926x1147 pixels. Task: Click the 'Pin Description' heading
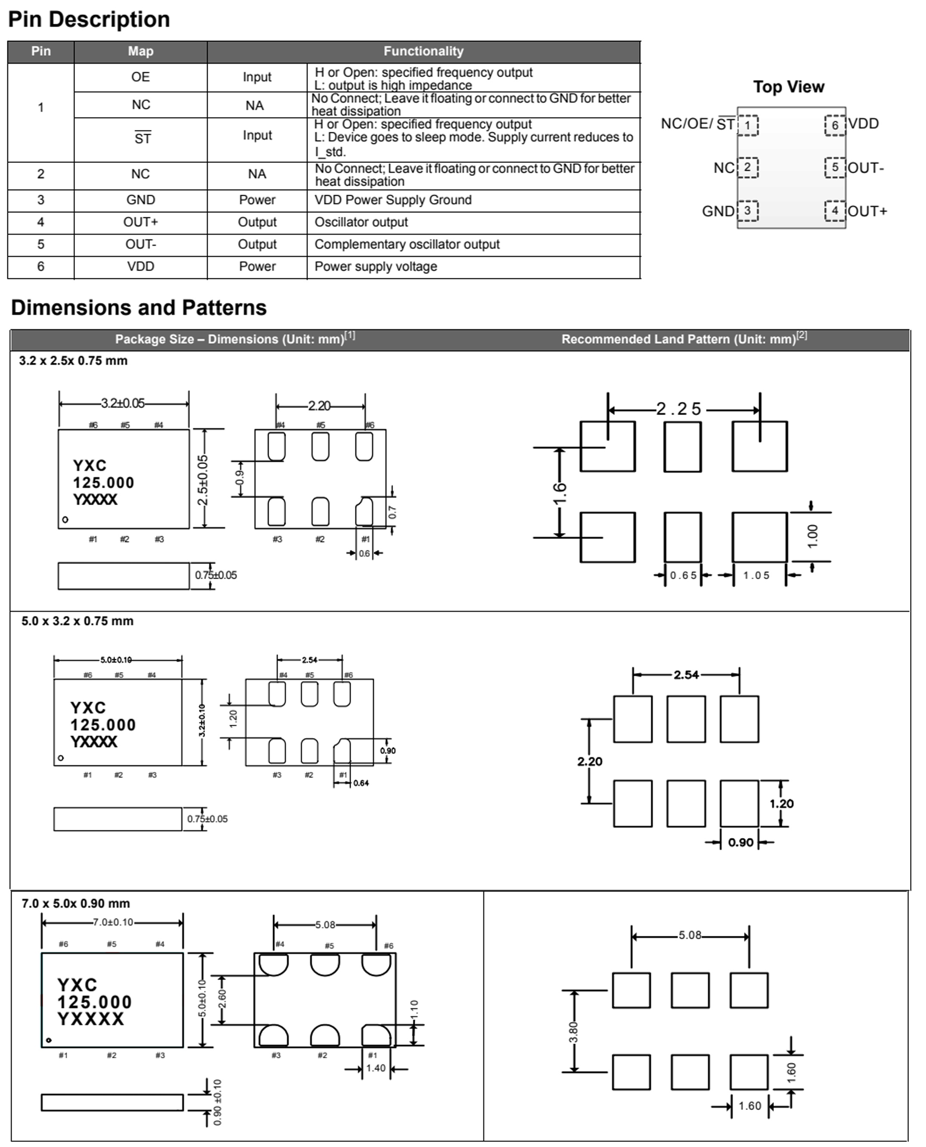click(89, 20)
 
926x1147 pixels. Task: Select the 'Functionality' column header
click(423, 51)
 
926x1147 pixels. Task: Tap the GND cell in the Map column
click(140, 200)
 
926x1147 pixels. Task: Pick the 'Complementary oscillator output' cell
click(407, 244)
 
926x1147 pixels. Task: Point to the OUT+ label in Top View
click(867, 211)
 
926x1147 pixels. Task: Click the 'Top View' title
click(788, 87)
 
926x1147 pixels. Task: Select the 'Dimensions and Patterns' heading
click(139, 308)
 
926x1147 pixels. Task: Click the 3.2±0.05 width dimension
click(123, 403)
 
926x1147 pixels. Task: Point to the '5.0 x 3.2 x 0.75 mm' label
click(78, 621)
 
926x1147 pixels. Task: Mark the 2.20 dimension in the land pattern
click(590, 761)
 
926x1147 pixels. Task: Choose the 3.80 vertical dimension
click(573, 1032)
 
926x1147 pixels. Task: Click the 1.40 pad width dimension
click(376, 1068)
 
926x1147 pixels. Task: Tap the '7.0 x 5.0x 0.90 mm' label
click(76, 903)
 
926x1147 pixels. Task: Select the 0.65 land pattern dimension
click(683, 575)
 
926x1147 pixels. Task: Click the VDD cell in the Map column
click(140, 266)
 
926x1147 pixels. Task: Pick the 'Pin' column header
click(40, 51)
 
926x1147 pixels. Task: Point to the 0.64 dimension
click(361, 783)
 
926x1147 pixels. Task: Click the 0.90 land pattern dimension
click(740, 842)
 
